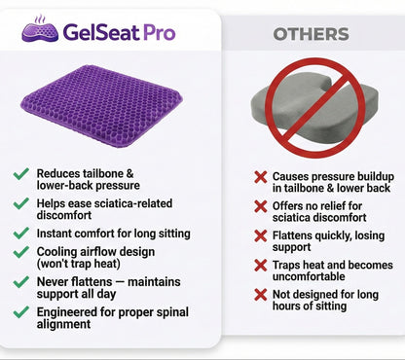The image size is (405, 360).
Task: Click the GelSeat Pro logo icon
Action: click(38, 30)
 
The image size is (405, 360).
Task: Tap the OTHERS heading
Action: click(311, 34)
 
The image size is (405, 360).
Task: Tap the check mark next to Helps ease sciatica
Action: click(20, 203)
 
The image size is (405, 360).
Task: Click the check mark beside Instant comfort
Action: click(20, 234)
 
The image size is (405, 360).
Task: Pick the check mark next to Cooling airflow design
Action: click(20, 251)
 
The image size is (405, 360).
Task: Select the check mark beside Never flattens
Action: click(20, 281)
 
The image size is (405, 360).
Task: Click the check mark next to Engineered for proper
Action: click(20, 311)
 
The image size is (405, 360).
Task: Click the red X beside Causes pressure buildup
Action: click(260, 177)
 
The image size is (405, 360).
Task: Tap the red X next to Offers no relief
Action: click(260, 206)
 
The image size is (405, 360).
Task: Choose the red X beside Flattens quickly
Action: click(260, 235)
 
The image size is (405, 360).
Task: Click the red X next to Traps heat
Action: click(260, 265)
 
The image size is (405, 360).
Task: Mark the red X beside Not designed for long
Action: click(260, 294)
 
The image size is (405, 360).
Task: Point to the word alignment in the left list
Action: click(65, 324)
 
